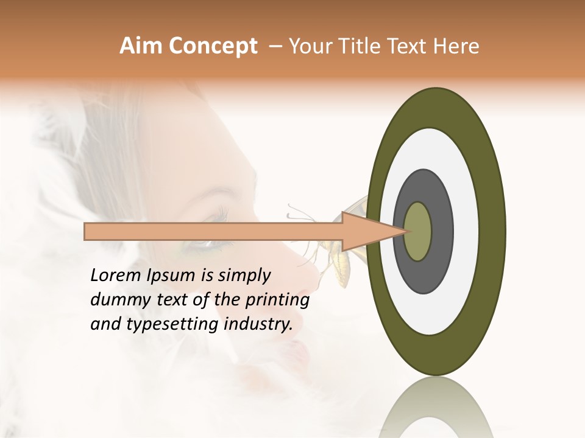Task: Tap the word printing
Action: pyautogui.click(x=277, y=301)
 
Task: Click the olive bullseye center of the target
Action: pyautogui.click(x=418, y=231)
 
